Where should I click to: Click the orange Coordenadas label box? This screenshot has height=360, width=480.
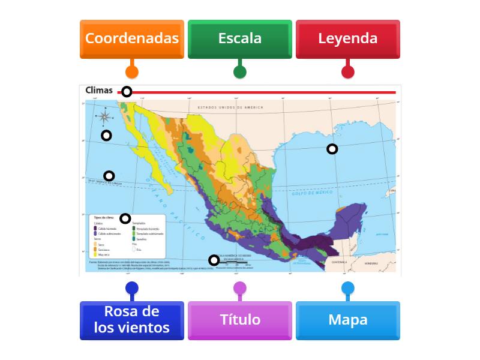click(132, 38)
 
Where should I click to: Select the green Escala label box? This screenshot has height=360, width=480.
click(240, 38)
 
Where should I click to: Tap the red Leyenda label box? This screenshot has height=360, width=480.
click(348, 38)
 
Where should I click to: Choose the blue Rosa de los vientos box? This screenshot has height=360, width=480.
click(132, 320)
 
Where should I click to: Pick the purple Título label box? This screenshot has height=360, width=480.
click(240, 320)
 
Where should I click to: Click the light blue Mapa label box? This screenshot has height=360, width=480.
click(348, 320)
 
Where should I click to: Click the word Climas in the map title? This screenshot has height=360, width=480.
click(99, 91)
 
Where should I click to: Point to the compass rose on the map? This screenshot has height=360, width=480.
click(104, 116)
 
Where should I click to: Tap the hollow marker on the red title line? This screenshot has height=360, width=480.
click(127, 92)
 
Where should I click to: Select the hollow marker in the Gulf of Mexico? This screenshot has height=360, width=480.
click(332, 149)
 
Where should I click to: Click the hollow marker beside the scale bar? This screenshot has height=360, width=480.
click(214, 260)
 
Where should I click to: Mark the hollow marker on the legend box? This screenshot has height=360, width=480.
click(125, 218)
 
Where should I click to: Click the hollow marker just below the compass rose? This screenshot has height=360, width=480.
click(106, 135)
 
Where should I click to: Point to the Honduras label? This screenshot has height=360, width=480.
click(371, 263)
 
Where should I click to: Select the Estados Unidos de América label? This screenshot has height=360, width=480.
click(230, 107)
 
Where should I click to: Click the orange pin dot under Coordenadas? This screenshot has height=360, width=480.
click(132, 72)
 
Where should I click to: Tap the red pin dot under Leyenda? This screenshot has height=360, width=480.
click(348, 72)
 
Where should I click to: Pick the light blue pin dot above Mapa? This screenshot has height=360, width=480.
click(348, 289)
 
